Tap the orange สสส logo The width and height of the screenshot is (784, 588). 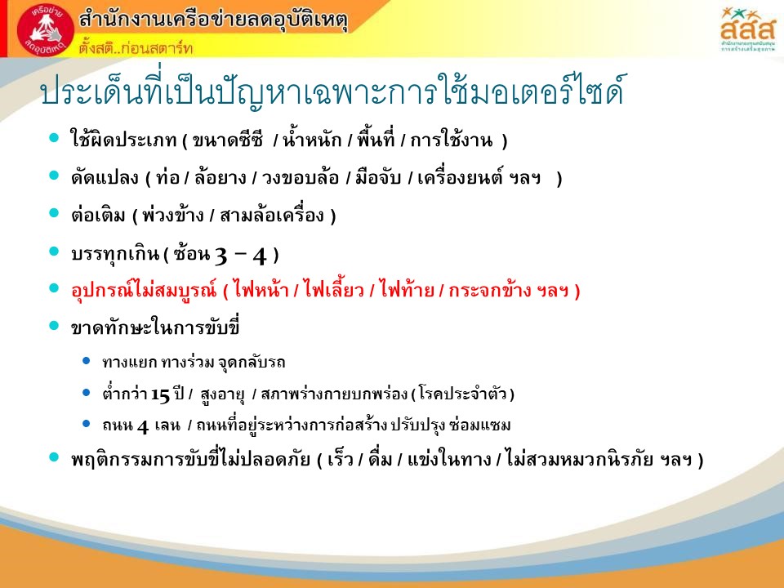(747, 29)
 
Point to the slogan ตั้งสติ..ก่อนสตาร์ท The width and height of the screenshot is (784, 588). (136, 47)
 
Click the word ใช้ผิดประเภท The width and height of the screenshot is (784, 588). (123, 139)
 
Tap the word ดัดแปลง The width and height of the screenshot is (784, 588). (105, 177)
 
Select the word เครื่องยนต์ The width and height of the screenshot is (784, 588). (460, 176)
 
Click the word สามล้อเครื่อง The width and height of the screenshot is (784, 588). (272, 215)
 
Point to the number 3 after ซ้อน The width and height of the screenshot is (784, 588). (221, 256)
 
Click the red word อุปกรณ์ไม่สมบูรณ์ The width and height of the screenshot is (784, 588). (144, 290)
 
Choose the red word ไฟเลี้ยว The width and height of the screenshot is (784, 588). (334, 290)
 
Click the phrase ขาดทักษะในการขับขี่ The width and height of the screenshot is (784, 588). (155, 327)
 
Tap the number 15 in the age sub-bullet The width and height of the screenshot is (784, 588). (161, 395)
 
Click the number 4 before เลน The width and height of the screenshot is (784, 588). (142, 426)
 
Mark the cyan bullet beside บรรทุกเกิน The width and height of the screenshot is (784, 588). (54, 252)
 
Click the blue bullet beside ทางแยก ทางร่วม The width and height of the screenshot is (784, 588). (86, 360)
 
